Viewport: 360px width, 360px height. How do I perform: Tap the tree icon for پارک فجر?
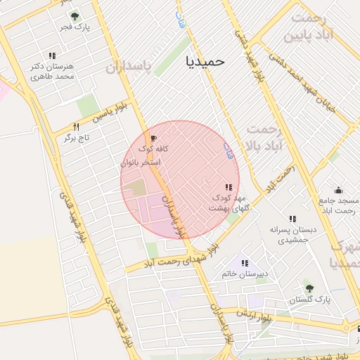point(74,16)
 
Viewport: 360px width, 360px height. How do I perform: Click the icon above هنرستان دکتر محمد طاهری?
point(52,56)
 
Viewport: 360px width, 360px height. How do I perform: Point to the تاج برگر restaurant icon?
point(75,127)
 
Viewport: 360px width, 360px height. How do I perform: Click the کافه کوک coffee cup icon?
point(154,138)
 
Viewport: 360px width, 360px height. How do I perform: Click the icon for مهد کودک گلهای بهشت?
point(229,187)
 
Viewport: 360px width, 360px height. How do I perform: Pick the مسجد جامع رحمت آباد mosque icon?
point(338,189)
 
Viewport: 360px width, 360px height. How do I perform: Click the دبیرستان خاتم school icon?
point(245,263)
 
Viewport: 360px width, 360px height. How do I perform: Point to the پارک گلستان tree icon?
point(308,288)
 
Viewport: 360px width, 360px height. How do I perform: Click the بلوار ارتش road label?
point(253,314)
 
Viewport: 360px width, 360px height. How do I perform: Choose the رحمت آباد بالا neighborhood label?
point(264,138)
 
